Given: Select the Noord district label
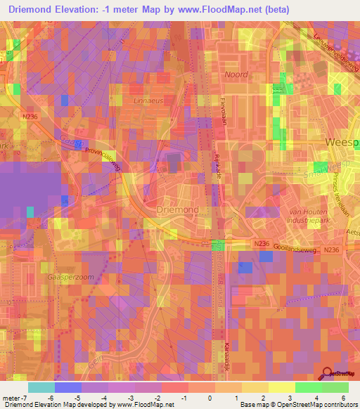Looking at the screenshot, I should [236, 74].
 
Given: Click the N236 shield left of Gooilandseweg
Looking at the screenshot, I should [262, 243].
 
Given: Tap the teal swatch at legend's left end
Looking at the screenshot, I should [41, 387].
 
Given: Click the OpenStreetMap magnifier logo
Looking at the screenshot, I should [327, 375].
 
